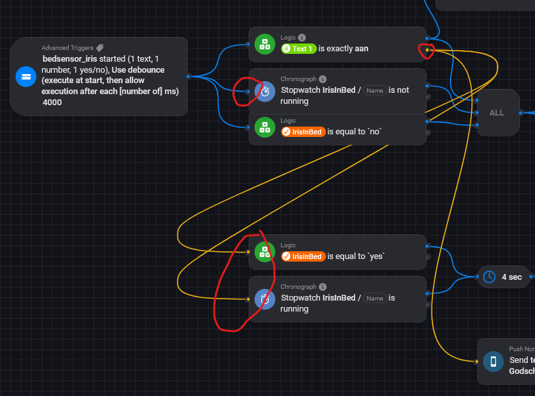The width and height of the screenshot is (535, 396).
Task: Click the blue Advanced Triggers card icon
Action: pyautogui.click(x=26, y=77)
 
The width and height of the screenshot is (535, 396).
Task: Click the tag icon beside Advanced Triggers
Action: pyautogui.click(x=99, y=48)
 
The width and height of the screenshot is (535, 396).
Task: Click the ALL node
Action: pyautogui.click(x=497, y=112)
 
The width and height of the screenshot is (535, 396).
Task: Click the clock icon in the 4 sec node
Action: pyautogui.click(x=489, y=277)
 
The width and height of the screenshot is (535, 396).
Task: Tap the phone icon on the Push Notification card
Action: pyautogui.click(x=493, y=362)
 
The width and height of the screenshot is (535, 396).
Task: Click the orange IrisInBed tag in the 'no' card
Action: pyautogui.click(x=303, y=132)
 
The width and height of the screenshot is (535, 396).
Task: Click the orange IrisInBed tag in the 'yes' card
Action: pyautogui.click(x=303, y=256)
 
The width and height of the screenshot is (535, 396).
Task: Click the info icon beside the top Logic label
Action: pyautogui.click(x=302, y=38)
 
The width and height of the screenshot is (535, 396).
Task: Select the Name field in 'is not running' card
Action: pyautogui.click(x=375, y=90)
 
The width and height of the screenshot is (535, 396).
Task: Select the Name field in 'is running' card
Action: pyautogui.click(x=375, y=298)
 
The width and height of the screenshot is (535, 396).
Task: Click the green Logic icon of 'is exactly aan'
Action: pyautogui.click(x=265, y=44)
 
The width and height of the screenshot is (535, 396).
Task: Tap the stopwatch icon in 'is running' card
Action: pyautogui.click(x=265, y=299)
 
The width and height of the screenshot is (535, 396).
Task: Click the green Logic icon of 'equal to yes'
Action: pyautogui.click(x=265, y=252)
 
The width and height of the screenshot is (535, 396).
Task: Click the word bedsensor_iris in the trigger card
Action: pyautogui.click(x=69, y=58)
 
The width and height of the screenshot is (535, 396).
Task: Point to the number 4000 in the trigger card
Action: pyautogui.click(x=53, y=102)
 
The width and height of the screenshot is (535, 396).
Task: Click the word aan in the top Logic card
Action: pyautogui.click(x=362, y=49)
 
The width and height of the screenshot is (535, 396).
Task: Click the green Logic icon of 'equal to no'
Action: pyautogui.click(x=265, y=127)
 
